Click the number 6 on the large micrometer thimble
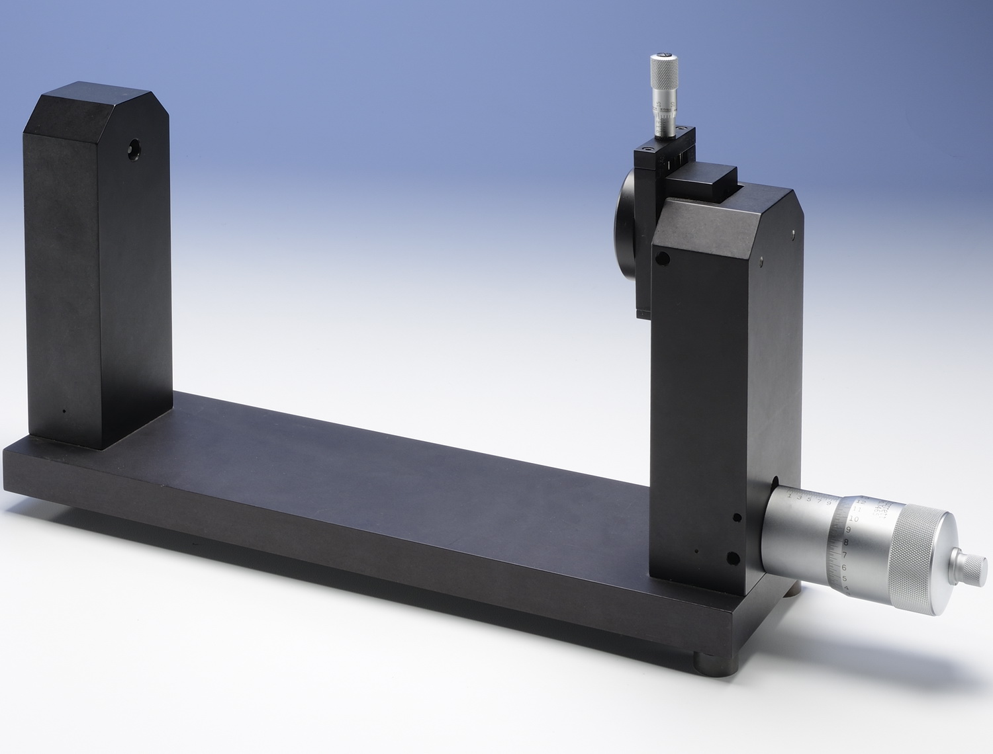844,567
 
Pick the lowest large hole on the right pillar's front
732,558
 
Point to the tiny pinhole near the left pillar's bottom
64,411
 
